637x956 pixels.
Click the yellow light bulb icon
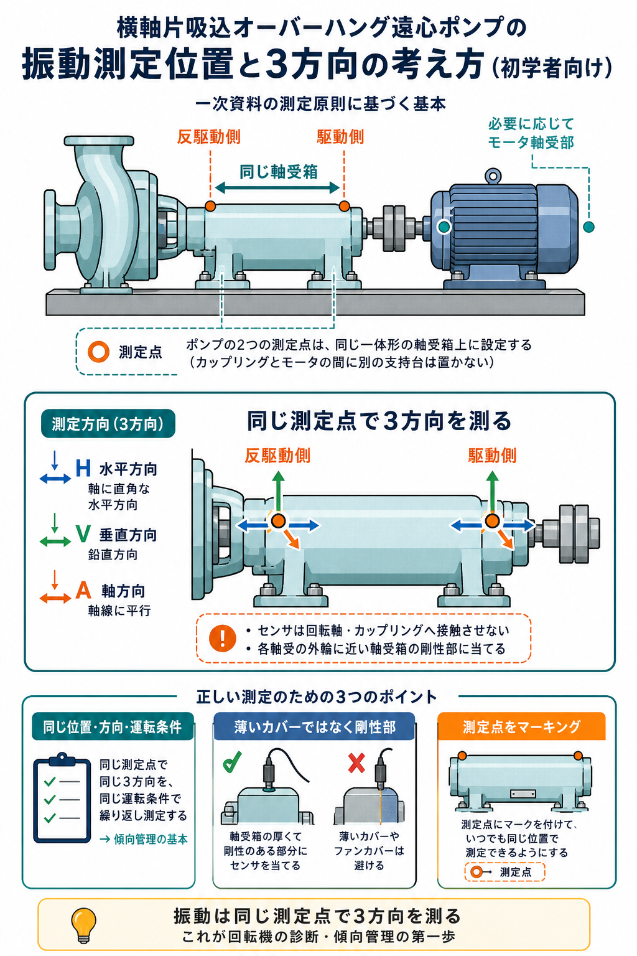[83, 924]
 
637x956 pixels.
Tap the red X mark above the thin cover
[356, 763]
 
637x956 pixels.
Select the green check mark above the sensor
[232, 762]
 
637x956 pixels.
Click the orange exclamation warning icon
[222, 639]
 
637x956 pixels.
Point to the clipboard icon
[62, 797]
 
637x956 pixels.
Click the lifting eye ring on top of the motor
[493, 176]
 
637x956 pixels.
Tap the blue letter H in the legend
[83, 468]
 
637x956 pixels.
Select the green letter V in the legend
[83, 533]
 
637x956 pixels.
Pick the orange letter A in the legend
[83, 590]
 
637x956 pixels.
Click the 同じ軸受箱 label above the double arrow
[278, 172]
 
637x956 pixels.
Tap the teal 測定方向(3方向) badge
[108, 424]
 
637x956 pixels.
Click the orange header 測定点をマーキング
[521, 726]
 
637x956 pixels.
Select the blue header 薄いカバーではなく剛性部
[314, 726]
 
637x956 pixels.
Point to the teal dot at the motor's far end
[588, 227]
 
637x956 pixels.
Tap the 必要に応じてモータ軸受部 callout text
[531, 133]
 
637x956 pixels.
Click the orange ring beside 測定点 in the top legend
[98, 352]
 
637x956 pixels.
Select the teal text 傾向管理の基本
[151, 840]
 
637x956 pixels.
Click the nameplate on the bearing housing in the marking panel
[523, 794]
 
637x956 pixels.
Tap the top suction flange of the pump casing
[99, 141]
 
